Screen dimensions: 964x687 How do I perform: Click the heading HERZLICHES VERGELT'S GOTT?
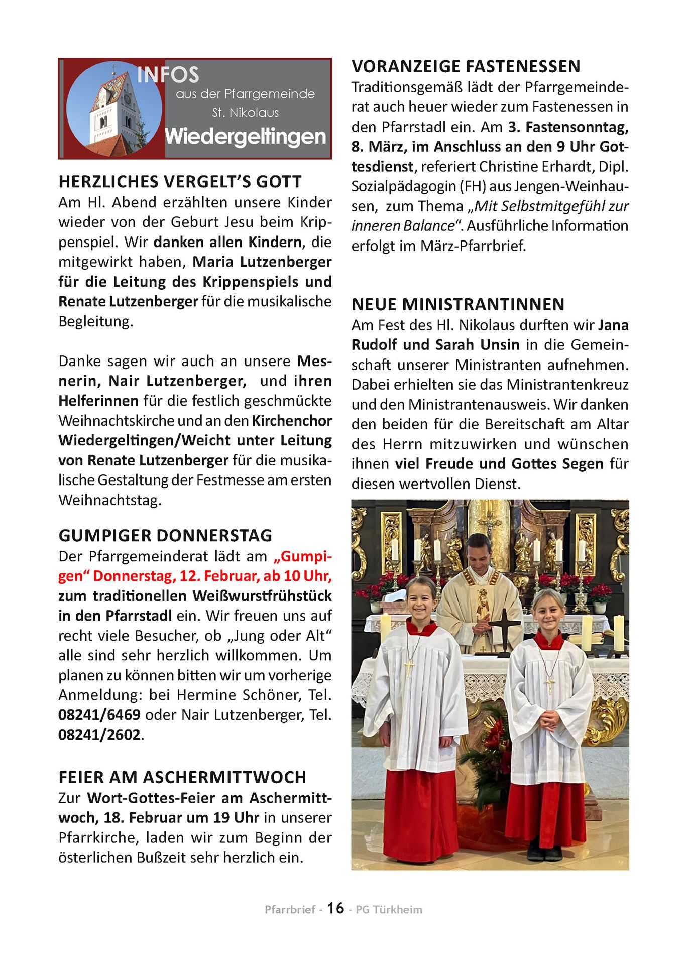(x=180, y=182)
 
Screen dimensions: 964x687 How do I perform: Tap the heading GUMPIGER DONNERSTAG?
(x=165, y=536)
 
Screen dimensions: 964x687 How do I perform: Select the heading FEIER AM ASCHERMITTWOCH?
(x=182, y=777)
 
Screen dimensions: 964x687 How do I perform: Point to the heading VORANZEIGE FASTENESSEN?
(x=466, y=67)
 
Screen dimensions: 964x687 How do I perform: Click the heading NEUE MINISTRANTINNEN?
(x=458, y=305)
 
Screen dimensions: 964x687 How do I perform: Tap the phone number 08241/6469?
(x=99, y=715)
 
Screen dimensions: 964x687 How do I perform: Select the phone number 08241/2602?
(x=99, y=735)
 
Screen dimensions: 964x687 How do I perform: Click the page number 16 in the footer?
(x=335, y=908)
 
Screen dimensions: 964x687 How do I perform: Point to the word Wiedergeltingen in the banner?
(x=246, y=136)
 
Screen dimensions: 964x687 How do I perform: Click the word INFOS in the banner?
(x=168, y=75)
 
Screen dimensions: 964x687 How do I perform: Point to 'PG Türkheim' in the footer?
(x=389, y=910)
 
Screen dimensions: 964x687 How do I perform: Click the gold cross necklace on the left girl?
(x=409, y=668)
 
